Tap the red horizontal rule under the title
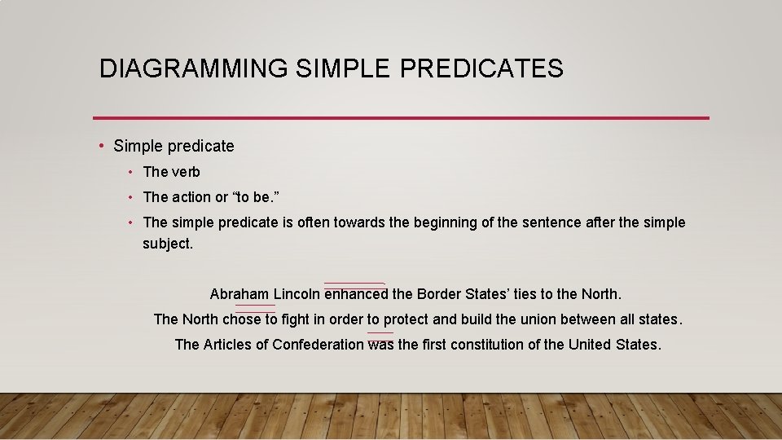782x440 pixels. [x=401, y=118]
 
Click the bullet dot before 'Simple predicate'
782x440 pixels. [x=101, y=147]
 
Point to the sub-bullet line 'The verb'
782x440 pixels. [x=171, y=172]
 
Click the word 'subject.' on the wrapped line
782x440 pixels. [x=168, y=243]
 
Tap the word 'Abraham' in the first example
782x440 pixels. [x=239, y=294]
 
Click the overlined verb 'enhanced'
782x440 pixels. [x=356, y=294]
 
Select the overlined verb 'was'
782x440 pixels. [x=380, y=345]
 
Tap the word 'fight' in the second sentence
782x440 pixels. [x=295, y=319]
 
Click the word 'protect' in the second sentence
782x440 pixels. [x=406, y=319]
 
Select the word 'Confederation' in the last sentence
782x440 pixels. [x=318, y=345]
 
